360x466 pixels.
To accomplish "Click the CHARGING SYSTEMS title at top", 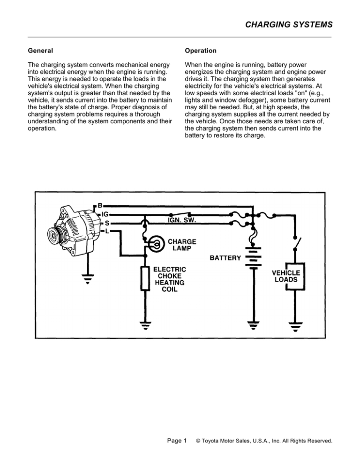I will point(291,23).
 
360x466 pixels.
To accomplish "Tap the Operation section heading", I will point(201,50).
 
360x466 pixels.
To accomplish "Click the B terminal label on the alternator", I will point(100,205).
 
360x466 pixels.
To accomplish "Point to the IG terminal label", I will point(105,214).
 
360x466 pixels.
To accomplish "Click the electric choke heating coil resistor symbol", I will point(145,278).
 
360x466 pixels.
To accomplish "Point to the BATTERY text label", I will point(225,258).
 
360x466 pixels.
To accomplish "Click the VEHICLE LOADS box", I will point(287,276).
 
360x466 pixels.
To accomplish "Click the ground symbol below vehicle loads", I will point(296,325).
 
